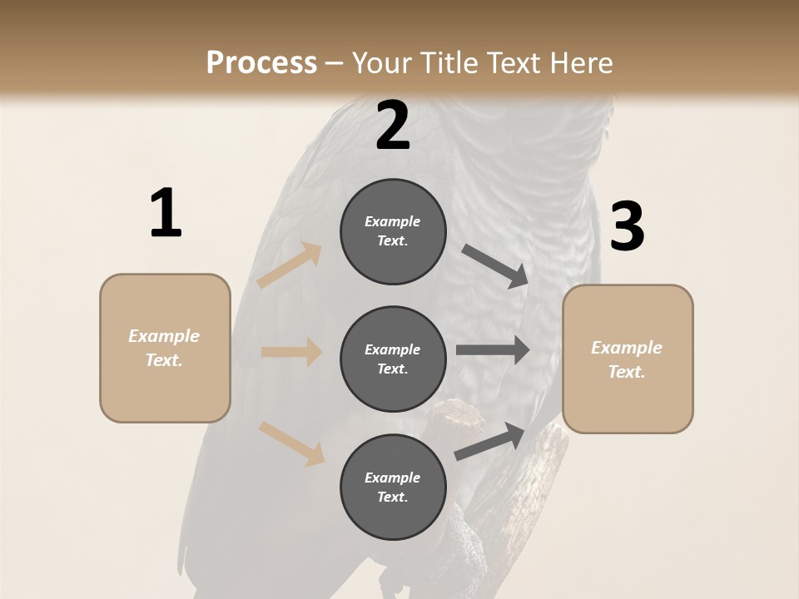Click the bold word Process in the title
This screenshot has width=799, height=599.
click(261, 62)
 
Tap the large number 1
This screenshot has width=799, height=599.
click(166, 214)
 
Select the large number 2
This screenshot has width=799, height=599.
click(393, 126)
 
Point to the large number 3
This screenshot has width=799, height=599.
click(627, 227)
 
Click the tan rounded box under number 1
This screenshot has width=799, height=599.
click(165, 348)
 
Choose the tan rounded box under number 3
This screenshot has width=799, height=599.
click(628, 359)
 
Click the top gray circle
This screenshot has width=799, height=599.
click(393, 231)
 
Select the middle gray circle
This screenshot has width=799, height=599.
click(393, 359)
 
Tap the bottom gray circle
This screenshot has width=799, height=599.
click(393, 487)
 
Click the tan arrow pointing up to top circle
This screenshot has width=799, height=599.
click(289, 265)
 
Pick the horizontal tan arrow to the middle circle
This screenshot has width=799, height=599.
click(291, 352)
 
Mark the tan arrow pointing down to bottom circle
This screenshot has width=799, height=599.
click(291, 443)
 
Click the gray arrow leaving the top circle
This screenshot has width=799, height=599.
click(495, 265)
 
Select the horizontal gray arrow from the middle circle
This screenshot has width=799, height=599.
click(492, 349)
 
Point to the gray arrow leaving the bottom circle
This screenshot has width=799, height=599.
click(490, 442)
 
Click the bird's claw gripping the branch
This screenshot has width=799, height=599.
click(456, 415)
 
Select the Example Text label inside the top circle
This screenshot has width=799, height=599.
click(393, 231)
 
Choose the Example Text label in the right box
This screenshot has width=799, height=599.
click(627, 359)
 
